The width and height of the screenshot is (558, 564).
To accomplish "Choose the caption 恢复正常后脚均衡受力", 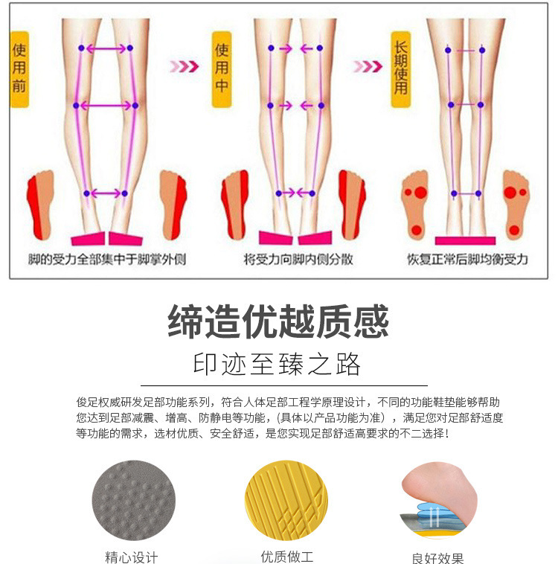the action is click(466, 260).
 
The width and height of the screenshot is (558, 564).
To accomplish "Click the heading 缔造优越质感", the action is click(278, 322).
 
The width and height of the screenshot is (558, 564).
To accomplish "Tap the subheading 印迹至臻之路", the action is click(278, 365).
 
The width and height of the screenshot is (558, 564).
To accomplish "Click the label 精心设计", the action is click(132, 557).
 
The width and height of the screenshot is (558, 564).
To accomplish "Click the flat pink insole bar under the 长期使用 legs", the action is click(465, 240).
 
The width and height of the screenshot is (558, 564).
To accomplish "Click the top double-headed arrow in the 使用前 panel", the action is click(106, 48).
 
